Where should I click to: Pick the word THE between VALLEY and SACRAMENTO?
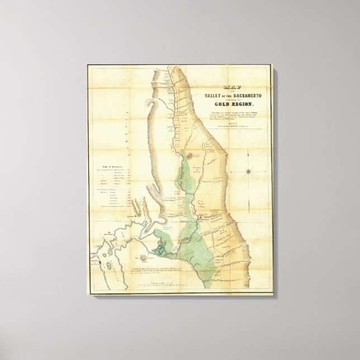pos(228,96)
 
